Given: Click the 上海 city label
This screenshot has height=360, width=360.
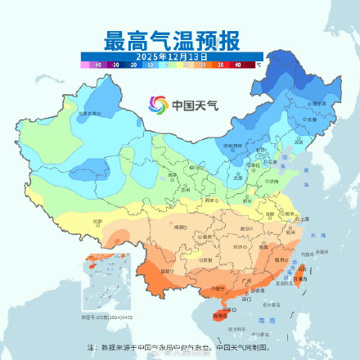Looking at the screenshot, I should (304, 218).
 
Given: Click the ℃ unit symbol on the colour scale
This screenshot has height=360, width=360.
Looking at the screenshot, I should (259, 62).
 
